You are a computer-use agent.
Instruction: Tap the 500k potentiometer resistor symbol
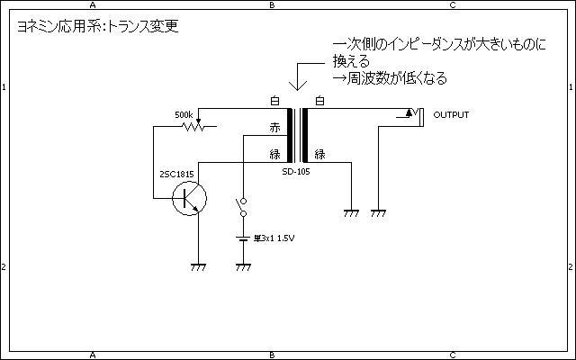[192, 128]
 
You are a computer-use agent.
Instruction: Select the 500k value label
[184, 115]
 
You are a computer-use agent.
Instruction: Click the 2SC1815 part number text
[177, 173]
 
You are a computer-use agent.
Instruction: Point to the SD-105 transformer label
[296, 171]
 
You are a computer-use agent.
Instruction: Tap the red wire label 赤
[275, 128]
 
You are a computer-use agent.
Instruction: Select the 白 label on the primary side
[275, 101]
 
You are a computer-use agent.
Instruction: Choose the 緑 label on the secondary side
[319, 155]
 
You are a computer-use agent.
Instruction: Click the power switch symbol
[241, 208]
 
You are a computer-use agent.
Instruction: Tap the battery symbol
[241, 238]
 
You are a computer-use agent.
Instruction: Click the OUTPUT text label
[451, 115]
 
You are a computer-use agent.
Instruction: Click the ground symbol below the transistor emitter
[198, 266]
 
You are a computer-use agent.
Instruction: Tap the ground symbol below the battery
[241, 266]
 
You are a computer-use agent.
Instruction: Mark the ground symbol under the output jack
[379, 214]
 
